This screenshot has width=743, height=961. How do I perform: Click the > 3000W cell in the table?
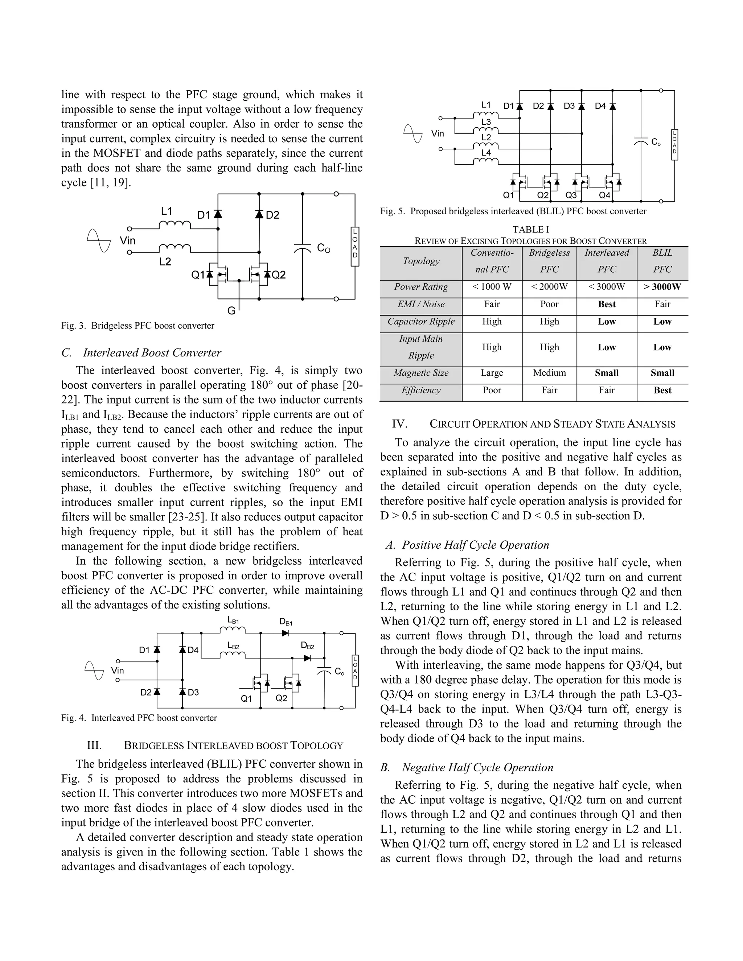[x=662, y=287]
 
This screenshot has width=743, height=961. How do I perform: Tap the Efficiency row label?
[x=421, y=390]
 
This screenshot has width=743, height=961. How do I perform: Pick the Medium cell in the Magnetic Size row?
[x=549, y=373]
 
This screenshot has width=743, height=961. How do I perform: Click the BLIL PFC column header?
[x=662, y=261]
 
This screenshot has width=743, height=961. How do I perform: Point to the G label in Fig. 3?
[x=231, y=311]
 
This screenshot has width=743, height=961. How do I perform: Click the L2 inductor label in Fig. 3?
[x=165, y=262]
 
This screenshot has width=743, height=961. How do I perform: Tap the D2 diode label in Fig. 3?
[x=272, y=215]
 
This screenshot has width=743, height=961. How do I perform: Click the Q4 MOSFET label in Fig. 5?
[x=605, y=195]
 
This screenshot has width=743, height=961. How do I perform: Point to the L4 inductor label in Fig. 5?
[x=486, y=153]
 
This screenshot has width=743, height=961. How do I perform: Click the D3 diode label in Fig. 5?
[x=569, y=106]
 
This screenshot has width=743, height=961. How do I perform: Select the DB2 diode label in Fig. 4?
[x=307, y=646]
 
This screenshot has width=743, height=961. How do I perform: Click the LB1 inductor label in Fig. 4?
[x=233, y=620]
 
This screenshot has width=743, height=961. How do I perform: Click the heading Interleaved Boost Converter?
[x=152, y=353]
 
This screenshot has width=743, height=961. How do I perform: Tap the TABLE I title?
[x=530, y=229]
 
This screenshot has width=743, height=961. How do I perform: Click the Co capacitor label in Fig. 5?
[x=656, y=142]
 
